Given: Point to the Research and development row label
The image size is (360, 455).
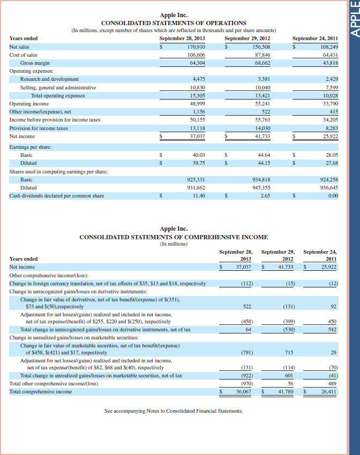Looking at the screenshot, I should tap(49, 79).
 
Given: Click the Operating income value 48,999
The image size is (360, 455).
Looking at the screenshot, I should tap(196, 103).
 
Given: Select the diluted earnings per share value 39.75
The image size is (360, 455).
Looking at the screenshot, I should tap(198, 163).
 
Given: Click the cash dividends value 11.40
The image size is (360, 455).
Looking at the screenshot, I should tap(198, 196).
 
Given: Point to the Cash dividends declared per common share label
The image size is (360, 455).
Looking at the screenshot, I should tap(57, 196).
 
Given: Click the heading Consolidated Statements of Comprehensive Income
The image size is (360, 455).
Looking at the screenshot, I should tap(174, 237).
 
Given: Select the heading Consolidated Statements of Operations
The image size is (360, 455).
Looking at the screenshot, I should tap(174, 23).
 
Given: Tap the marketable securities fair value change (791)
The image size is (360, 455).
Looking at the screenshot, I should tap(246, 352).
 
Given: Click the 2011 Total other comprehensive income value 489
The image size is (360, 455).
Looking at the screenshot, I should tap(332, 384).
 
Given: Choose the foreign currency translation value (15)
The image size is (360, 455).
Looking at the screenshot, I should tap(290, 283).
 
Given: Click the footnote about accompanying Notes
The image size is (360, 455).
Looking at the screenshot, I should tap(174, 411).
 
